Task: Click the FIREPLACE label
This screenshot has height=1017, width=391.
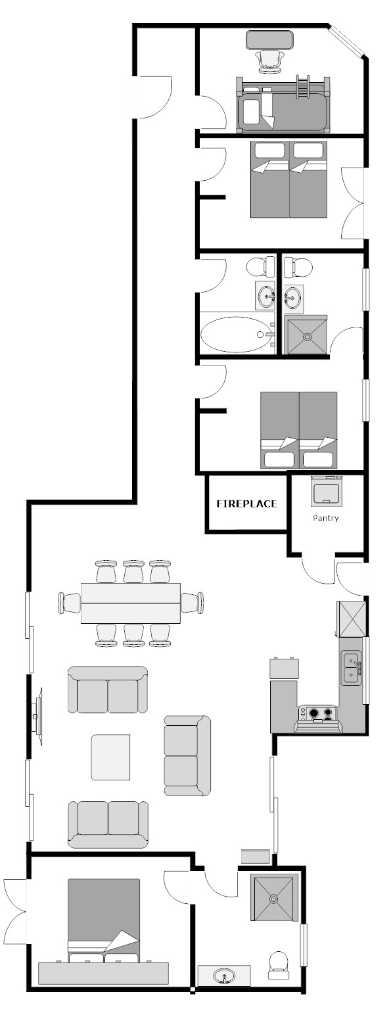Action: (x=246, y=504)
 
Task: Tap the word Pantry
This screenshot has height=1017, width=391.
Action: (x=325, y=518)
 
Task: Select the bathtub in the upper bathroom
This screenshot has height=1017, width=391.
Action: (x=238, y=335)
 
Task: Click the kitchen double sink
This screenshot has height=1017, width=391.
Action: (x=352, y=668)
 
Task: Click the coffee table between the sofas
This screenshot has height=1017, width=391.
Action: (x=110, y=757)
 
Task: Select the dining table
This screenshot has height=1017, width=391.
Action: (x=131, y=603)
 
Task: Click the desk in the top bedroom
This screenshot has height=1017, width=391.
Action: (x=269, y=40)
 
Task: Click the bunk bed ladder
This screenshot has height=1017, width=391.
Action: (x=302, y=86)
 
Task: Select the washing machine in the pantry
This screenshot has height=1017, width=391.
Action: (x=326, y=491)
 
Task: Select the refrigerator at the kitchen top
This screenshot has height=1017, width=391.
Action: (x=351, y=618)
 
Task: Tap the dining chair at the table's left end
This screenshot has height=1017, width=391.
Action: (x=70, y=603)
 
